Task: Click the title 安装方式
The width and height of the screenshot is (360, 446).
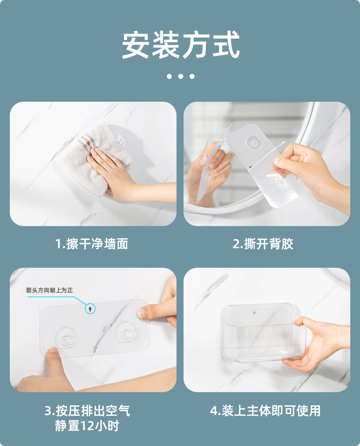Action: click(x=180, y=45)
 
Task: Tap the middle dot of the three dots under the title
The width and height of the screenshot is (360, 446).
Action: click(x=180, y=76)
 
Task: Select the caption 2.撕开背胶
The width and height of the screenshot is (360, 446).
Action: click(x=263, y=244)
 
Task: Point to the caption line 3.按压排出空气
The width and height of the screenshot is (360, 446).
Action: click(x=87, y=410)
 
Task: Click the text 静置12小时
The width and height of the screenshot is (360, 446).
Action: click(x=87, y=426)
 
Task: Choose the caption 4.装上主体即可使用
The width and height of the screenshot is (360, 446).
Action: click(x=265, y=410)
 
